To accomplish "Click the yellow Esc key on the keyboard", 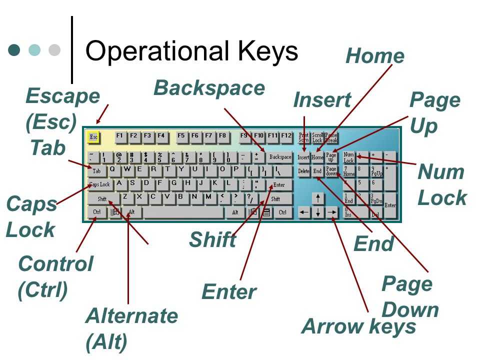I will click(x=93, y=136).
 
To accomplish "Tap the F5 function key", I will click(x=181, y=135).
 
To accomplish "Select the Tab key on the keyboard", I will click(x=97, y=170).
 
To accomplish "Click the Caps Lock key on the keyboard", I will click(x=100, y=184).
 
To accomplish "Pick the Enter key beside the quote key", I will click(x=278, y=184).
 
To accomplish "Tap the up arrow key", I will click(x=317, y=198).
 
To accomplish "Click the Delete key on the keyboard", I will click(x=303, y=171).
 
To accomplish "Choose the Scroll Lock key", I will click(x=317, y=137).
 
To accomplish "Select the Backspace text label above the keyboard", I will click(x=209, y=88).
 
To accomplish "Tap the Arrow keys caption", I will click(x=358, y=326).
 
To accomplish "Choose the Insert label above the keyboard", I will click(x=322, y=100).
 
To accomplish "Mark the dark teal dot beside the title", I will click(x=14, y=50).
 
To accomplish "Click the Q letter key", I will click(x=112, y=169).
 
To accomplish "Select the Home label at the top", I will click(x=375, y=56).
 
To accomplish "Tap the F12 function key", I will click(x=286, y=135).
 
